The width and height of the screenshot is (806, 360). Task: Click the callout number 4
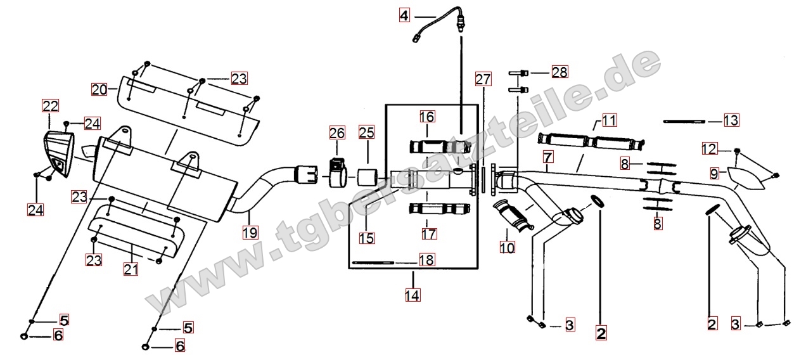click(x=404, y=15)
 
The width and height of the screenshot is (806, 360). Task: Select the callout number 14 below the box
click(x=413, y=295)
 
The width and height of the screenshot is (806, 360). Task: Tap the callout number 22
click(x=50, y=106)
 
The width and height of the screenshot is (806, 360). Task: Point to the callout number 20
click(x=99, y=89)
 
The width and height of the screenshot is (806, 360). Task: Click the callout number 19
click(x=250, y=233)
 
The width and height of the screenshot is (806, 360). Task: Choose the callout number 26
click(x=337, y=133)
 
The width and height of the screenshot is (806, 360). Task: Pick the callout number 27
click(x=483, y=79)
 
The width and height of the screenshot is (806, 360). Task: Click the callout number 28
click(x=560, y=72)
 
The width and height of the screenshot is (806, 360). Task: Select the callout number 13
click(x=731, y=120)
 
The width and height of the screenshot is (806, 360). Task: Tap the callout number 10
click(x=507, y=247)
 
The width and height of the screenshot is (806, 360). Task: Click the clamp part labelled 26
click(x=338, y=174)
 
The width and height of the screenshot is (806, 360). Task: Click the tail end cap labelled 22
click(x=59, y=155)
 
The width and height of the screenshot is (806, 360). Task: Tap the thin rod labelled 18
click(x=373, y=262)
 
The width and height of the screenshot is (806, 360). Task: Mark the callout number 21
click(x=131, y=269)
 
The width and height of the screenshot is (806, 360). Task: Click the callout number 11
click(x=609, y=120)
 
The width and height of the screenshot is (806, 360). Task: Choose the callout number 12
click(x=710, y=149)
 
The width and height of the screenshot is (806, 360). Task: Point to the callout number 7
click(x=548, y=157)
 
